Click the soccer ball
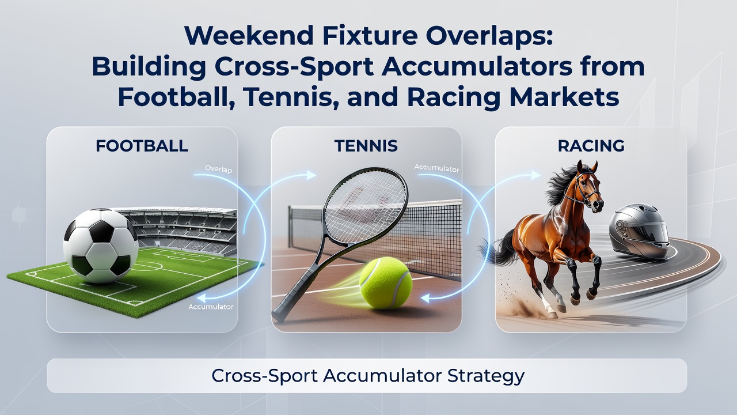pyautogui.click(x=101, y=246)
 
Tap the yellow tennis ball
pyautogui.click(x=386, y=283)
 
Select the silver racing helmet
pyautogui.click(x=639, y=231)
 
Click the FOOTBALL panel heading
pyautogui.click(x=142, y=146)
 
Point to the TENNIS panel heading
pyautogui.click(x=366, y=146)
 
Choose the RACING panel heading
pyautogui.click(x=591, y=146)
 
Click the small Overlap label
pyautogui.click(x=218, y=169)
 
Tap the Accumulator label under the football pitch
pyautogui.click(x=211, y=307)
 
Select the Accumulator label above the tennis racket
pyautogui.click(x=436, y=168)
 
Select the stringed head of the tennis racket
pyautogui.click(x=365, y=206)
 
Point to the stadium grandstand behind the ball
pyautogui.click(x=184, y=231)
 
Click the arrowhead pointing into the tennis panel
pyautogui.click(x=311, y=175)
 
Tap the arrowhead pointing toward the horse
pyautogui.click(x=535, y=175)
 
